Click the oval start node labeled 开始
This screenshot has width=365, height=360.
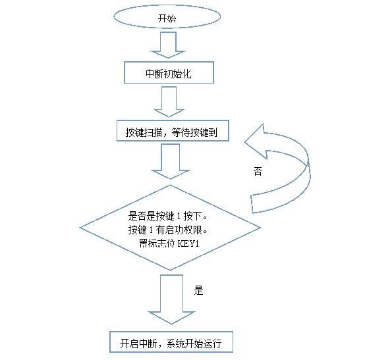click(167, 16)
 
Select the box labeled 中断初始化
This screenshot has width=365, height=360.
click(169, 72)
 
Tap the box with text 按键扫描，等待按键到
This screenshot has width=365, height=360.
click(173, 131)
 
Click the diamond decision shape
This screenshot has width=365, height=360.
click(170, 228)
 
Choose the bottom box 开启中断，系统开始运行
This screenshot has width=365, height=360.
click(171, 342)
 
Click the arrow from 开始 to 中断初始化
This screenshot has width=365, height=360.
click(168, 45)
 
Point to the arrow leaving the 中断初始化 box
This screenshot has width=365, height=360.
click(169, 102)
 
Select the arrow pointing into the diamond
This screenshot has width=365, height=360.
click(171, 161)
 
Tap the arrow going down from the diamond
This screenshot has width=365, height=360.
click(171, 299)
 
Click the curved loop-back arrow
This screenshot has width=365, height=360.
click(307, 163)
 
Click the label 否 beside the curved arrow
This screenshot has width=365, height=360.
click(258, 171)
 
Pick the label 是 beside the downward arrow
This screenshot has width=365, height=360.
click(198, 290)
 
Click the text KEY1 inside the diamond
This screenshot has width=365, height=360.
click(188, 244)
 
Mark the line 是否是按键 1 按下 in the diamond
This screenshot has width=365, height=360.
click(167, 217)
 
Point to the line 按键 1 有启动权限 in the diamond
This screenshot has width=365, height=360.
click(167, 230)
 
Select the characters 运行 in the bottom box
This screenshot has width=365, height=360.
click(212, 344)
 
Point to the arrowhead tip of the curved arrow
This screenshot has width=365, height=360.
click(244, 142)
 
